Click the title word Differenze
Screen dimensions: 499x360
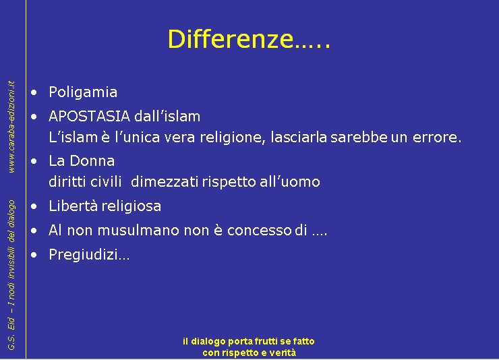(231, 39)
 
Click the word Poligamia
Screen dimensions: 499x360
(83, 92)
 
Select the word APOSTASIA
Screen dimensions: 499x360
(90, 116)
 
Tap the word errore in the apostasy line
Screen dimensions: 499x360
(437, 138)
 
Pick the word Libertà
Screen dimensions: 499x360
(74, 206)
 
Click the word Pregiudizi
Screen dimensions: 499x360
(84, 255)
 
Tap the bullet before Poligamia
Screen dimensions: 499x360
(34, 92)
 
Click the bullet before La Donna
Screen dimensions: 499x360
(34, 161)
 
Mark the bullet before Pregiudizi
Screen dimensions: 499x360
(34, 255)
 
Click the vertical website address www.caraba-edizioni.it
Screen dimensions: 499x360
(11, 127)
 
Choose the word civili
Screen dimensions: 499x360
(106, 182)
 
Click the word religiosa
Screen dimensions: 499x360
(131, 206)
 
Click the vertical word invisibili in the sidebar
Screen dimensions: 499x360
(11, 256)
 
